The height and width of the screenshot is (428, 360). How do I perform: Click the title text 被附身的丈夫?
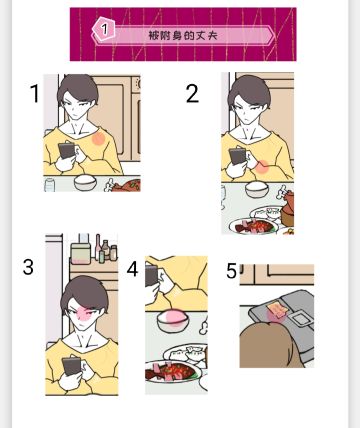183,35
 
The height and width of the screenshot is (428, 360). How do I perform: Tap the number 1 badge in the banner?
104,29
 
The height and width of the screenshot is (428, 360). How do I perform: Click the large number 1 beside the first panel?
35,93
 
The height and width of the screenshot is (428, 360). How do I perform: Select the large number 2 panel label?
192,93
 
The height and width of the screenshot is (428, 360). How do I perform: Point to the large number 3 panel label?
28,267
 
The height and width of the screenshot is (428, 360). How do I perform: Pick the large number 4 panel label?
132,269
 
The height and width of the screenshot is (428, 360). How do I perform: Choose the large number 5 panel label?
231,271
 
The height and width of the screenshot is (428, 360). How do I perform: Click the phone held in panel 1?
67,150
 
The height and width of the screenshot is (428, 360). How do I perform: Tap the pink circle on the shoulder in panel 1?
98,138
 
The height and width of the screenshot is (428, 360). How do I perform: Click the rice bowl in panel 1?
85,182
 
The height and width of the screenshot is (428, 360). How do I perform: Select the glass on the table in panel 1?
50,185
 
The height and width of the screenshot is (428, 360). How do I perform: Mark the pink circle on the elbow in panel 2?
262,167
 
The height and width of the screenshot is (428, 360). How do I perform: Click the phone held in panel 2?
238,156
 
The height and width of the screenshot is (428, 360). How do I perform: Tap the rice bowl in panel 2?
257,189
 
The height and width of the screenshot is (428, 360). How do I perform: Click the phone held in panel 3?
71,366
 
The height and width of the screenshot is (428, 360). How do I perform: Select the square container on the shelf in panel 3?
80,253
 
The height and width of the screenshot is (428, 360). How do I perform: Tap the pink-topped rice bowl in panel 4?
173,321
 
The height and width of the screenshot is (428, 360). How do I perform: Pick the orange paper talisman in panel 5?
277,309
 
